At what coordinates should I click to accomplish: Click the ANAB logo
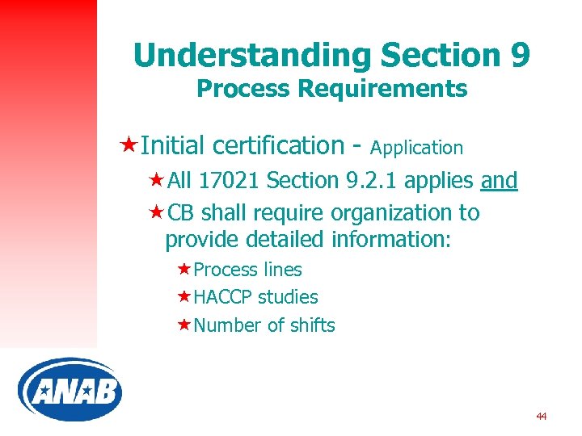click(70, 390)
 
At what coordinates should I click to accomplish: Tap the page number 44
click(541, 417)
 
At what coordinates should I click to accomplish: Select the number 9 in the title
click(520, 55)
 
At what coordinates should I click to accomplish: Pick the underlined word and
click(499, 181)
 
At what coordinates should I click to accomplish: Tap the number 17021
click(230, 181)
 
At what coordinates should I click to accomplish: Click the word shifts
click(314, 325)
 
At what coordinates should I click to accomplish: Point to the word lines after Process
click(282, 270)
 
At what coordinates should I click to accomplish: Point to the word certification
click(279, 145)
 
